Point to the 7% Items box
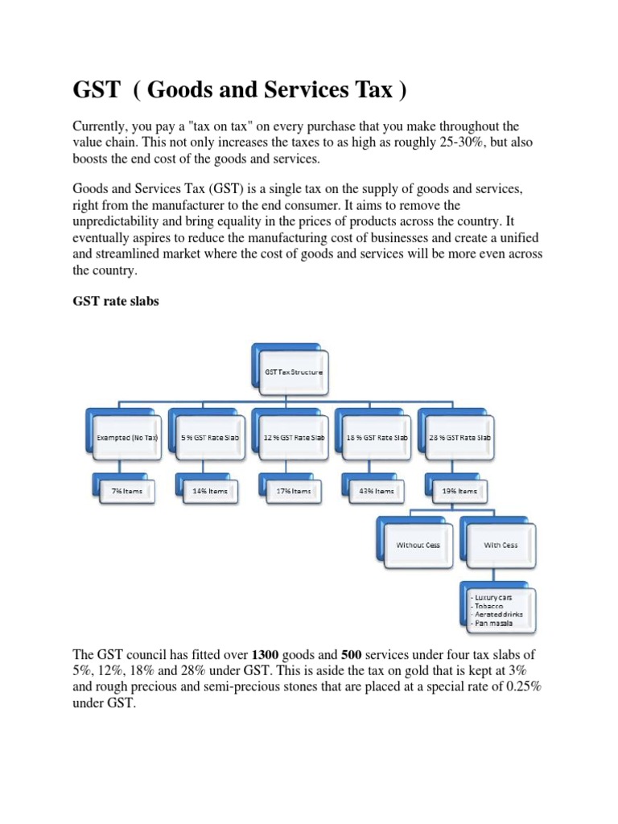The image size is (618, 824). coord(127,491)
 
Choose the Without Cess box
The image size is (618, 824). coord(418,545)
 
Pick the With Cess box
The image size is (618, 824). coord(500,545)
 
